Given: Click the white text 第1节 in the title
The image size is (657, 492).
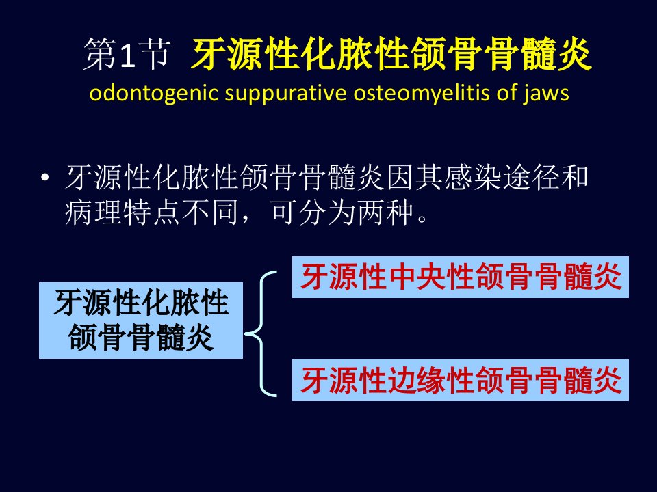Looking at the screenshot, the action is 127,55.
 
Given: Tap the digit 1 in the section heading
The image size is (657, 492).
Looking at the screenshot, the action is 127,55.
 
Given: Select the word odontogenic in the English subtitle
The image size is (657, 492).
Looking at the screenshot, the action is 154,94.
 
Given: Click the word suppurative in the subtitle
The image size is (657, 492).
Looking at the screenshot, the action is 286,94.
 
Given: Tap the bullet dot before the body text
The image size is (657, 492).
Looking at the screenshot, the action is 45,178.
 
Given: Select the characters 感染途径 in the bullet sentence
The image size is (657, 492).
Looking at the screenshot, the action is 473,177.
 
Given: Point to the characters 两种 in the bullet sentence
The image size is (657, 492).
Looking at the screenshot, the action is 386,212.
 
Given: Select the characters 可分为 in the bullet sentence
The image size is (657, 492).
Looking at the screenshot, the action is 314,212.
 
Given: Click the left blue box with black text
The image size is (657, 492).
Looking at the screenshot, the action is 141,320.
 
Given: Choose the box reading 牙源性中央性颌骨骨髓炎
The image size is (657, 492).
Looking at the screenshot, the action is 461,277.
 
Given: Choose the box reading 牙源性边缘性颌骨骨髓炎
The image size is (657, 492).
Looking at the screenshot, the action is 461,381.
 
